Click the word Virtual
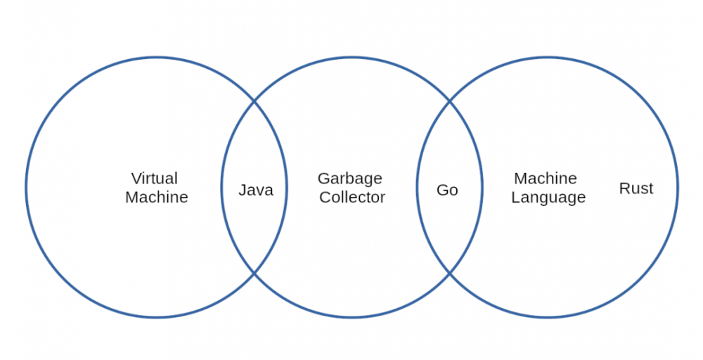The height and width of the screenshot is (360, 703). (x=155, y=178)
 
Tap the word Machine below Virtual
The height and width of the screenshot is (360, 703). (x=157, y=198)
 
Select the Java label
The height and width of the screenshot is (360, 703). (x=256, y=190)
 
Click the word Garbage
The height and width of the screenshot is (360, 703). (x=350, y=179)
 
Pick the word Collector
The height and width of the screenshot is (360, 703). (x=352, y=198)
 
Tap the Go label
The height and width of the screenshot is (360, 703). (x=447, y=190)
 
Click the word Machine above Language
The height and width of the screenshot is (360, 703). (x=546, y=178)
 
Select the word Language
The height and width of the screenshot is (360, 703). (x=548, y=198)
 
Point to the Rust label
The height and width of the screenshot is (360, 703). (x=636, y=188)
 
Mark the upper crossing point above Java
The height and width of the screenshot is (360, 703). (x=254, y=102)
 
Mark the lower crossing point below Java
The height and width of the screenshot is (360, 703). (x=254, y=273)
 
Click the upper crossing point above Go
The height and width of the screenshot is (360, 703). (x=450, y=102)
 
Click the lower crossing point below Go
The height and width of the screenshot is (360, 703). (x=450, y=273)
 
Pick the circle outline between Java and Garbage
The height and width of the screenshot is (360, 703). (x=287, y=188)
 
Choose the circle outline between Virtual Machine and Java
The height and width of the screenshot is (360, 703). (x=221, y=188)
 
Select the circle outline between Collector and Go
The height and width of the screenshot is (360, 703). (x=417, y=188)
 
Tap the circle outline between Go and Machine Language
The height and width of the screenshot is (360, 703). (x=482, y=188)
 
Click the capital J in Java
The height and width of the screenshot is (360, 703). (x=243, y=190)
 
